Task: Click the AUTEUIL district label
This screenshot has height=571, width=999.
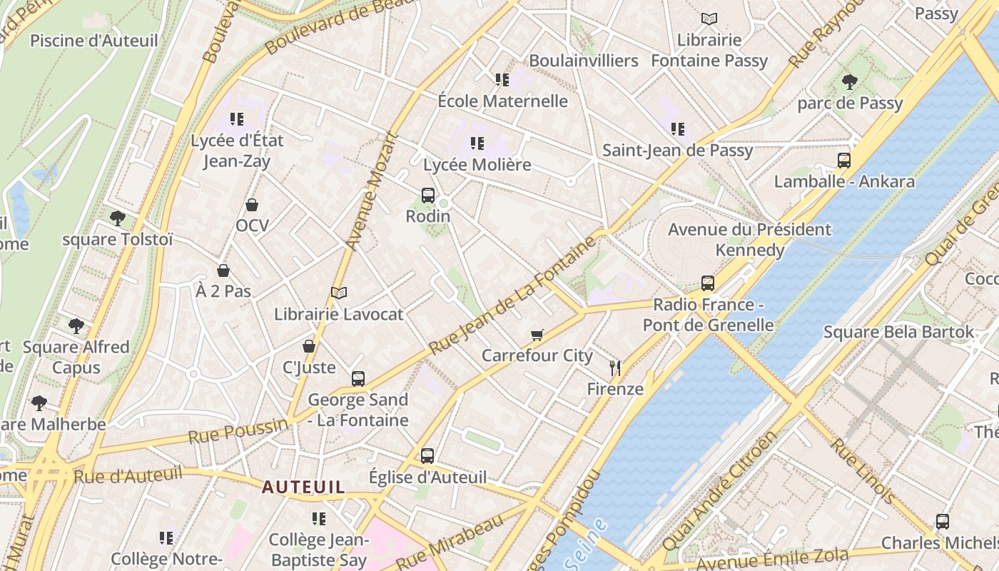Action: point(303,487)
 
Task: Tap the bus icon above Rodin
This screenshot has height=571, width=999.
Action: point(428,195)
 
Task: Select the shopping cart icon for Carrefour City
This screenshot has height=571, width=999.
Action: point(537,335)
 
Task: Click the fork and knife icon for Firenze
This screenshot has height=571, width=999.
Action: point(615,368)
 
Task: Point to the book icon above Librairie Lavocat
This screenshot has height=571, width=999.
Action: point(339,293)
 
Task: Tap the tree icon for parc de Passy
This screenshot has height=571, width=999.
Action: point(849,82)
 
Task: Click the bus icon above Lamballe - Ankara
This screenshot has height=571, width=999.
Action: point(844,161)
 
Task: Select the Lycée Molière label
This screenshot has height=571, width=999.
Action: point(477,165)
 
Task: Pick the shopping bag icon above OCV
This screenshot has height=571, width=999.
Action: point(252,206)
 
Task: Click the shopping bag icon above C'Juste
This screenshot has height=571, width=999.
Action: point(309,346)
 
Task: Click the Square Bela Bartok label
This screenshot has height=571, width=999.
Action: point(898,332)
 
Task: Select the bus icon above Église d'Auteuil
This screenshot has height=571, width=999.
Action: point(427,455)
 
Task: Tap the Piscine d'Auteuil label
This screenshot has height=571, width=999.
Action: point(93,41)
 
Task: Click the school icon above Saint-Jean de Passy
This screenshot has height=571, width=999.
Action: point(677,129)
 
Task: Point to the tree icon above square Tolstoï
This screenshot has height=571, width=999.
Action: point(118,218)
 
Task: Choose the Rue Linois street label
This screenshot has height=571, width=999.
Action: point(863,471)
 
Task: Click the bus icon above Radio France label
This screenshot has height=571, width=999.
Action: point(707,283)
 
